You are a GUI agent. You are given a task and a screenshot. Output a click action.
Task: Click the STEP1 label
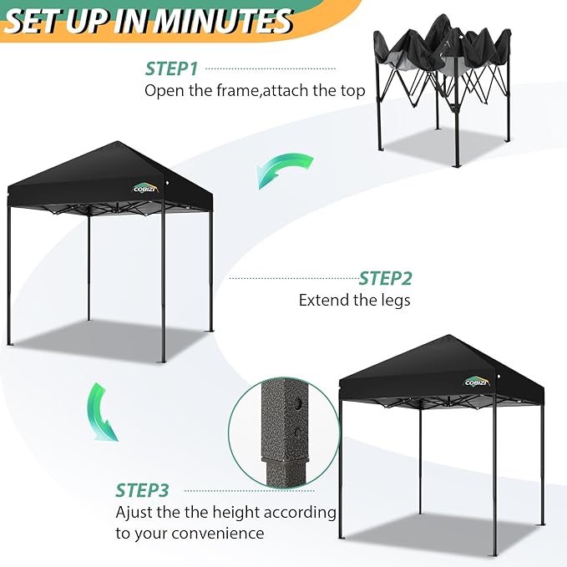click(172, 68)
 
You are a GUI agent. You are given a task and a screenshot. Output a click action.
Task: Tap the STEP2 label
click(385, 279)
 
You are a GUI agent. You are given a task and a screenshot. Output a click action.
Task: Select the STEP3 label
click(142, 490)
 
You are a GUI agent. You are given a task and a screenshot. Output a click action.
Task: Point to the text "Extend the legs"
click(354, 300)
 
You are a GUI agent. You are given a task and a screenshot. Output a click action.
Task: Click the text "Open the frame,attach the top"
click(255, 90)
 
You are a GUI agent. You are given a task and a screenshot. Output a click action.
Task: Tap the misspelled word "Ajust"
click(134, 512)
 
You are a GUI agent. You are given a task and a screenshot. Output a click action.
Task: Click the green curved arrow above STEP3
click(103, 412)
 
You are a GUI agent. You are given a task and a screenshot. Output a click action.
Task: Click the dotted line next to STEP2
click(292, 278)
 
